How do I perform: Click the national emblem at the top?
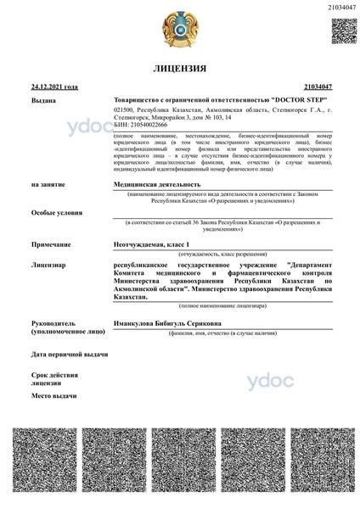pyautogui.click(x=179, y=28)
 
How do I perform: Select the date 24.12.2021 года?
pyautogui.click(x=54, y=87)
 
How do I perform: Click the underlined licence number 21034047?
pyautogui.click(x=317, y=87)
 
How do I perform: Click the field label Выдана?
pyautogui.click(x=43, y=100)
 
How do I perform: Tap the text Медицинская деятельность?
pyautogui.click(x=157, y=183)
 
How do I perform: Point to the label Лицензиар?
pyautogui.click(x=48, y=266)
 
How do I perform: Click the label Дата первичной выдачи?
pyautogui.click(x=69, y=353)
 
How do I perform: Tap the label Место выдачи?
pyautogui.click(x=55, y=396)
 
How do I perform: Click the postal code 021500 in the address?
pyautogui.click(x=123, y=109)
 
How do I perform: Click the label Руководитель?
pyautogui.click(x=53, y=323)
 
